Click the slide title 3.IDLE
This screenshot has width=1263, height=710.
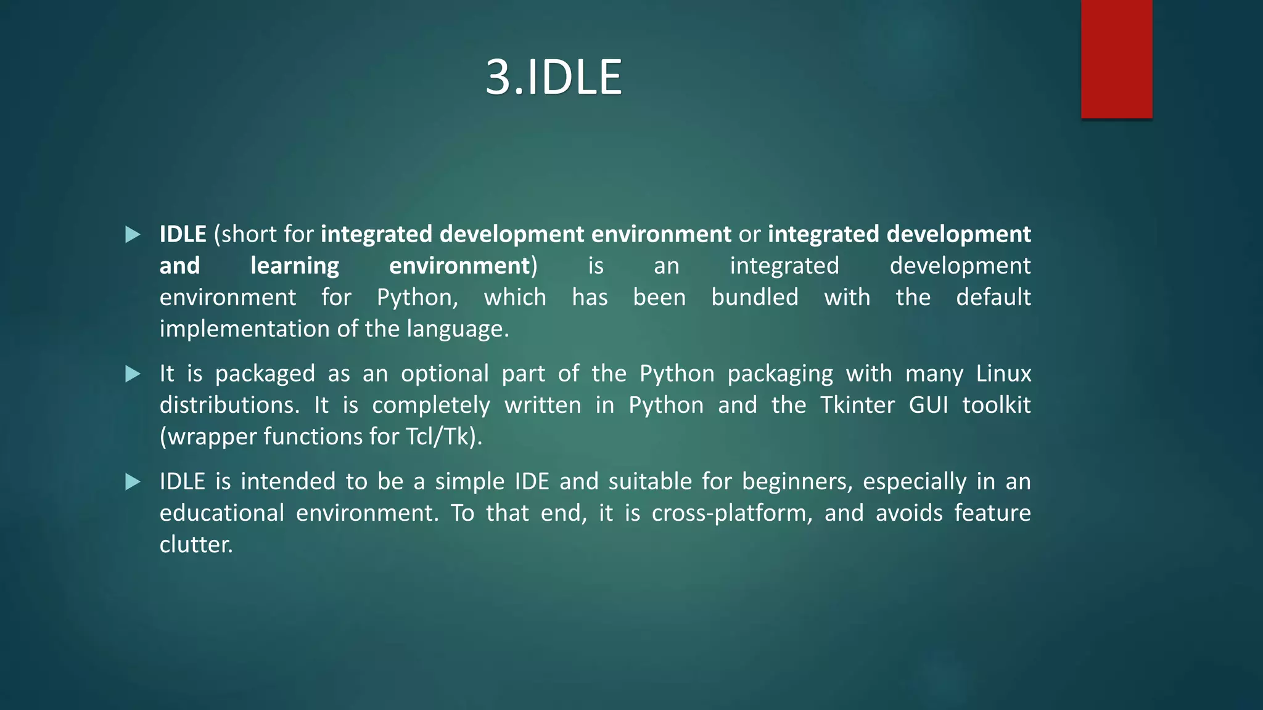click(x=553, y=77)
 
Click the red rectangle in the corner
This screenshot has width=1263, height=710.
click(x=1116, y=59)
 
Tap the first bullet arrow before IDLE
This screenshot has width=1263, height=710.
click(x=133, y=234)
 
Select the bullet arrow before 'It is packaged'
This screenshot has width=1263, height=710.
click(x=133, y=373)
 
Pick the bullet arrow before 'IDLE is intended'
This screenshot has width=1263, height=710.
click(x=133, y=481)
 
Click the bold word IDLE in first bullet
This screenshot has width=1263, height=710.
click(x=183, y=234)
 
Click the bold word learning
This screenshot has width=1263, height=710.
click(x=295, y=266)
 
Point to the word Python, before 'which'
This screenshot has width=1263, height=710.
click(x=418, y=298)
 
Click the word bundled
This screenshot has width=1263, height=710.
click(x=754, y=298)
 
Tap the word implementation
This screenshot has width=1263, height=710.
click(x=244, y=329)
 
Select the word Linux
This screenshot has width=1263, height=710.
click(x=1003, y=373)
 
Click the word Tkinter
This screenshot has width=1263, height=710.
click(x=857, y=405)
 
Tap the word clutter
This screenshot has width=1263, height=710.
click(x=195, y=544)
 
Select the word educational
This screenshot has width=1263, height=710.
click(x=221, y=513)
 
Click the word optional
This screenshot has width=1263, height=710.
click(x=445, y=373)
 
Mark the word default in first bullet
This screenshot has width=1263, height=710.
click(x=993, y=298)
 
